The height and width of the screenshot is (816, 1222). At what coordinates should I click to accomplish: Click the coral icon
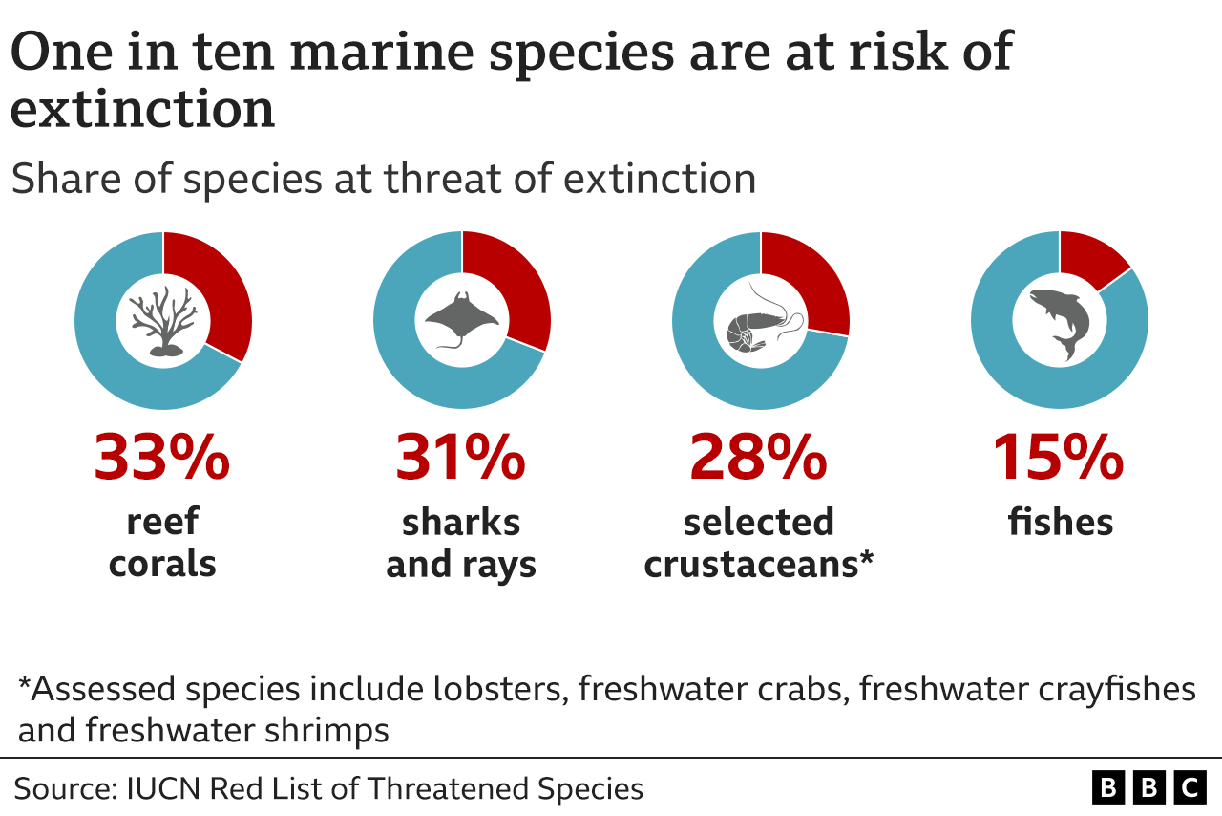(x=163, y=321)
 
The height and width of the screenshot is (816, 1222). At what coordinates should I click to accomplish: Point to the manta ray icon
(x=462, y=321)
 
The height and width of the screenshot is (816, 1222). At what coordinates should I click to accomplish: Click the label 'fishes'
(x=1061, y=523)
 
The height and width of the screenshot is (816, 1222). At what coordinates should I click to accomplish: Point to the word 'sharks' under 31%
(x=461, y=523)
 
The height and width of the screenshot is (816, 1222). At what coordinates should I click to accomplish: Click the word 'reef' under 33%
(x=162, y=523)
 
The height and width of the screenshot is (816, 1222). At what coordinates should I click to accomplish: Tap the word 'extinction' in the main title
(x=143, y=109)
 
